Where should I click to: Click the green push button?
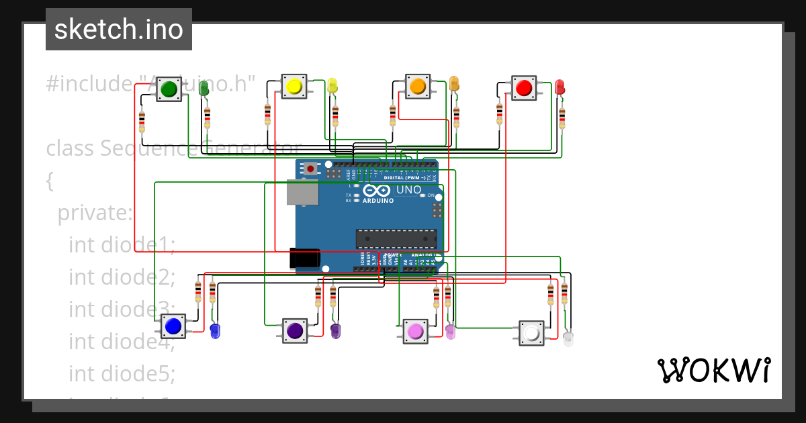click(169, 89)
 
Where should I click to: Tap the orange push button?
click(417, 87)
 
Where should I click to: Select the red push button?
click(524, 87)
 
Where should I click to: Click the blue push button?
click(173, 326)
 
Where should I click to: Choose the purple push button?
click(294, 330)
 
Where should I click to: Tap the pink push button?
click(415, 331)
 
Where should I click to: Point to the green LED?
click(204, 88)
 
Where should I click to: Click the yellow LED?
click(332, 85)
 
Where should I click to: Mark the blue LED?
click(215, 330)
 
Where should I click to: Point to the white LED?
click(568, 338)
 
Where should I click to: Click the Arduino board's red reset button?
click(310, 169)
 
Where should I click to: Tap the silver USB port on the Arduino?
click(302, 192)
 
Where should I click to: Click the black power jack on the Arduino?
click(304, 258)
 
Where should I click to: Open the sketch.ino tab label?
click(119, 30)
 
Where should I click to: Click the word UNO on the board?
click(408, 190)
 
